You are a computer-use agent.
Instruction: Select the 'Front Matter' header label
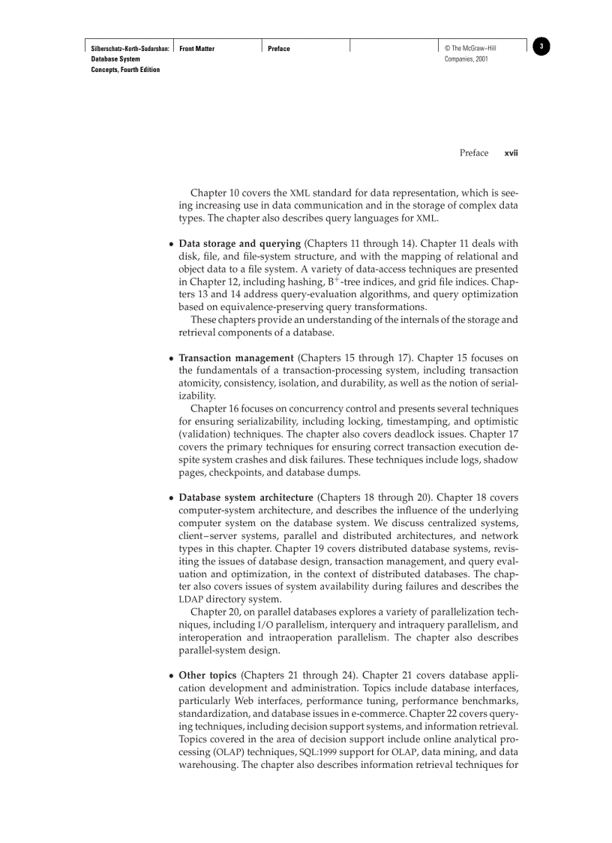click(197, 49)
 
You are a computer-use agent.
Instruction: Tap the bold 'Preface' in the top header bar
click(279, 49)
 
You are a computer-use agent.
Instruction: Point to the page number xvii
click(511, 153)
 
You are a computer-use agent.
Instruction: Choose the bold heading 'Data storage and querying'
click(240, 243)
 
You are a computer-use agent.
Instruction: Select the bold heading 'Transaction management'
click(236, 357)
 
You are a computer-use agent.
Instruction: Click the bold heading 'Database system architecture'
click(246, 497)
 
